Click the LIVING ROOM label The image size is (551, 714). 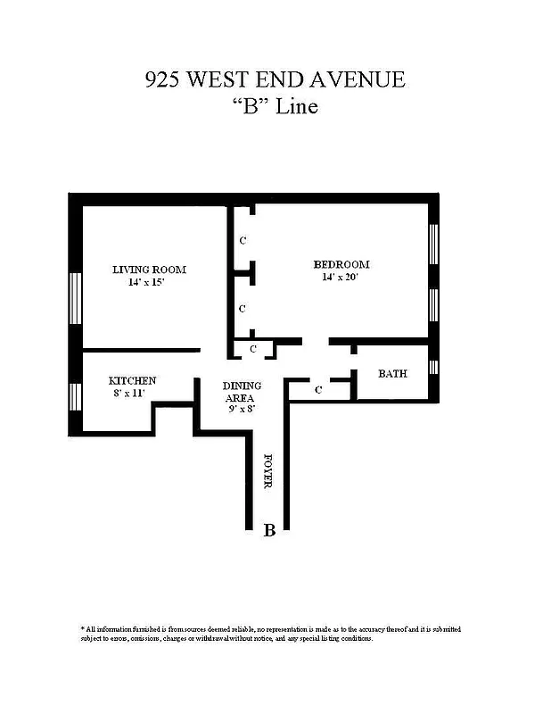click(x=149, y=270)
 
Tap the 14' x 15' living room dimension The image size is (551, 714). click(x=146, y=282)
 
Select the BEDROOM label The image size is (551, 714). click(x=341, y=265)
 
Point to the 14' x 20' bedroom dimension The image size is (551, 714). click(x=341, y=278)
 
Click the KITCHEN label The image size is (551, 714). click(x=132, y=380)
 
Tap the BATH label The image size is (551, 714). click(x=392, y=373)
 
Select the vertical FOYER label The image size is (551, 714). click(x=267, y=471)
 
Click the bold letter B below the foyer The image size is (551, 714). click(x=269, y=531)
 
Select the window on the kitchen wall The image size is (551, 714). click(x=76, y=394)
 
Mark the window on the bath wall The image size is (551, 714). click(x=434, y=367)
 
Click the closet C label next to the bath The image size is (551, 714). click(x=318, y=389)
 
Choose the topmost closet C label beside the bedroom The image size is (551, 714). click(x=243, y=241)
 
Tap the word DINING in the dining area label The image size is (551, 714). click(x=240, y=386)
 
